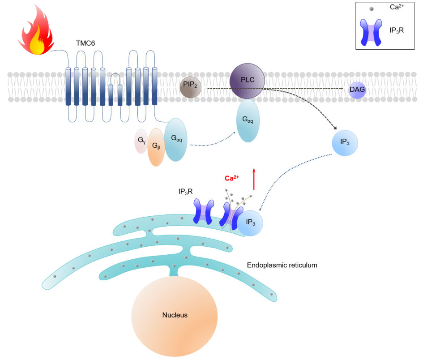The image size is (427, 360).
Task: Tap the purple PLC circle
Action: tap(247, 81)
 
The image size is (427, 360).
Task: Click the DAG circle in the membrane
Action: tap(357, 90)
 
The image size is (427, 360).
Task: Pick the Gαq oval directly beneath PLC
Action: tap(248, 120)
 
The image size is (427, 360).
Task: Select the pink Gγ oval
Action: tap(141, 141)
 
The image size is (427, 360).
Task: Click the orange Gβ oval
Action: tap(156, 147)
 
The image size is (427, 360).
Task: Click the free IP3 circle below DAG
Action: tap(345, 142)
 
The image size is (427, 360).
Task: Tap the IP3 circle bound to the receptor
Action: tap(250, 222)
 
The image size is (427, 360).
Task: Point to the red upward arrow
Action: tap(254, 179)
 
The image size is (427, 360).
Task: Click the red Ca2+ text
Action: tap(232, 178)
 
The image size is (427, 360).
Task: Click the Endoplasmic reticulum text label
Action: tap(282, 265)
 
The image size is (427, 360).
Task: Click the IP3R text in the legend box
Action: tap(397, 32)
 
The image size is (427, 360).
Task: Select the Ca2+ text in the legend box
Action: tap(397, 8)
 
